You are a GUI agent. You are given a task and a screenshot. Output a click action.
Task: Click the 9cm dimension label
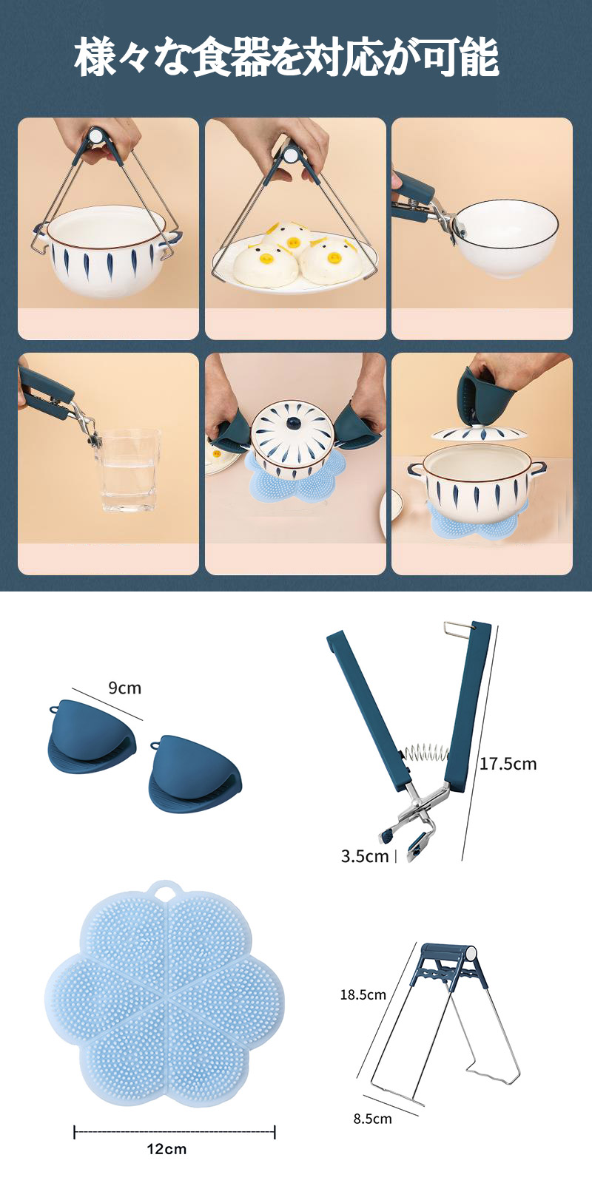click(x=125, y=688)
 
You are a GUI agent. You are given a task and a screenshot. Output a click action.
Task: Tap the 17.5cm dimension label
click(x=508, y=765)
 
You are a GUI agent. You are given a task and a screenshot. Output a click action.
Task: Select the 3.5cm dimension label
click(x=365, y=855)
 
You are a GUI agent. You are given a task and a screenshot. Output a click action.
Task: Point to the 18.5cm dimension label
click(x=363, y=995)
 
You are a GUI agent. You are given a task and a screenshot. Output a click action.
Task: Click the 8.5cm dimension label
click(x=373, y=1119)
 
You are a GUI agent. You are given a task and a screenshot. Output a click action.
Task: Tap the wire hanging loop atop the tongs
click(x=457, y=628)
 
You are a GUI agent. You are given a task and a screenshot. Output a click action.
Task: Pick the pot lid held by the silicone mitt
click(x=480, y=433)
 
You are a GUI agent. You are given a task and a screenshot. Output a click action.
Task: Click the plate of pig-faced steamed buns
click(x=295, y=262)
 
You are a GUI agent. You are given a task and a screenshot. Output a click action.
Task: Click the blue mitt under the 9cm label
click(x=93, y=732)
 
